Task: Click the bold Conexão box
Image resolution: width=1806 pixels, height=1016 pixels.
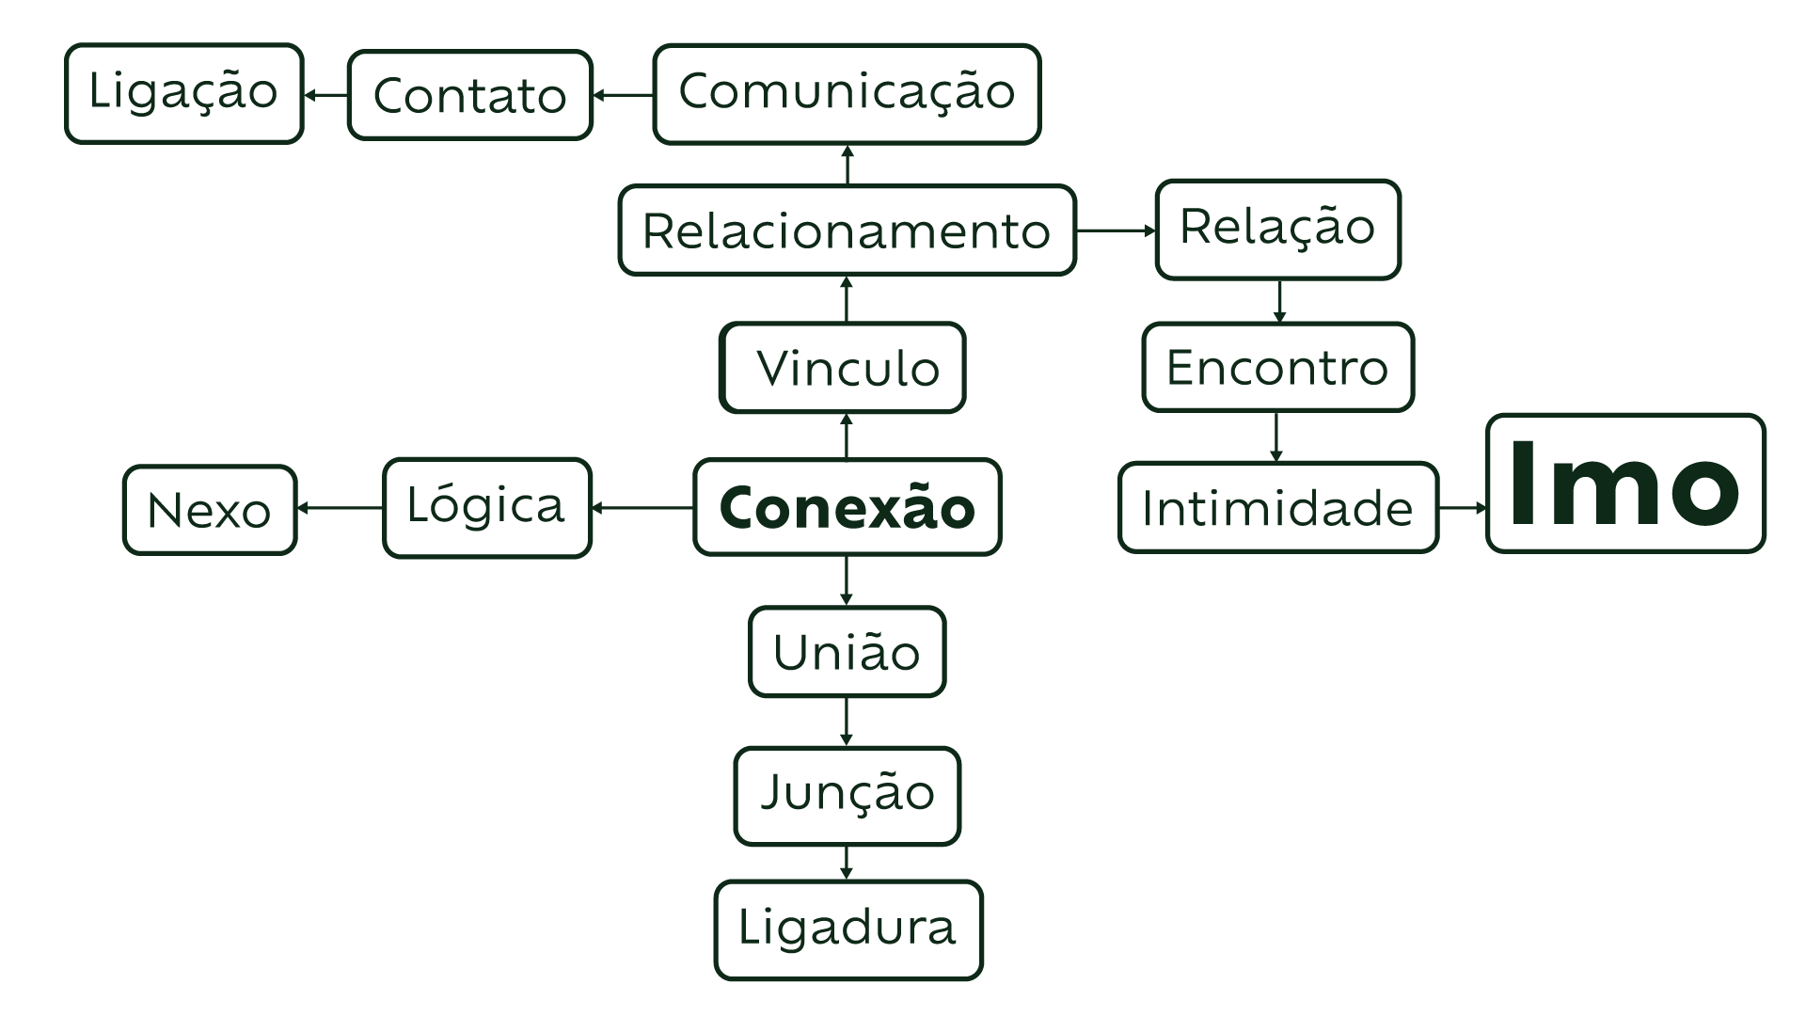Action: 847,507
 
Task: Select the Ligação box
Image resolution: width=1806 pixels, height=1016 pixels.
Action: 184,93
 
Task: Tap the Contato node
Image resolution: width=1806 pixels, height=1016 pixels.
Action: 470,95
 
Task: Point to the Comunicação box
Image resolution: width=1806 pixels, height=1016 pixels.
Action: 847,93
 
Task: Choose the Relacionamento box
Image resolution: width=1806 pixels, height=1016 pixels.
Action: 847,230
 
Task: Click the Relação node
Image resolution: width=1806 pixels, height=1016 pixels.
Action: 1277,229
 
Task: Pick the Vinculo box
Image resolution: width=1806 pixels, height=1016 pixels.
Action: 843,368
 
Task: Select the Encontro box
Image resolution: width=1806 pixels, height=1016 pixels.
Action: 1277,367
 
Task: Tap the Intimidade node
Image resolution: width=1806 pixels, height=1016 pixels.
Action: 1278,507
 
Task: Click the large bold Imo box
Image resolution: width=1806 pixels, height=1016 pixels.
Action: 1625,484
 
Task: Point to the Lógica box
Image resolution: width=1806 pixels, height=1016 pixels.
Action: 487,507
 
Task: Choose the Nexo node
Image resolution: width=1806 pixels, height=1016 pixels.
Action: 210,510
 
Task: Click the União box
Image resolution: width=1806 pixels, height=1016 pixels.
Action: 847,652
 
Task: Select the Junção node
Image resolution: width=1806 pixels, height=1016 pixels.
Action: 847,795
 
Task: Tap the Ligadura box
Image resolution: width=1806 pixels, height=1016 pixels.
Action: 848,929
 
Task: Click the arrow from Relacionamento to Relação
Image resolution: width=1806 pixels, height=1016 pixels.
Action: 1116,230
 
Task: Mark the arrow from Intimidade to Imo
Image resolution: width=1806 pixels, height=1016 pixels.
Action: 1463,508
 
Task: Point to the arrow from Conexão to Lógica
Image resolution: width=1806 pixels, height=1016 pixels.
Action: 642,508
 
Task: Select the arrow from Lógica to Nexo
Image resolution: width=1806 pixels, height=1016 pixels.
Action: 341,509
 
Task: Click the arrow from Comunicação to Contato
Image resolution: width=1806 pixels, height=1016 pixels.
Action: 623,95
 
